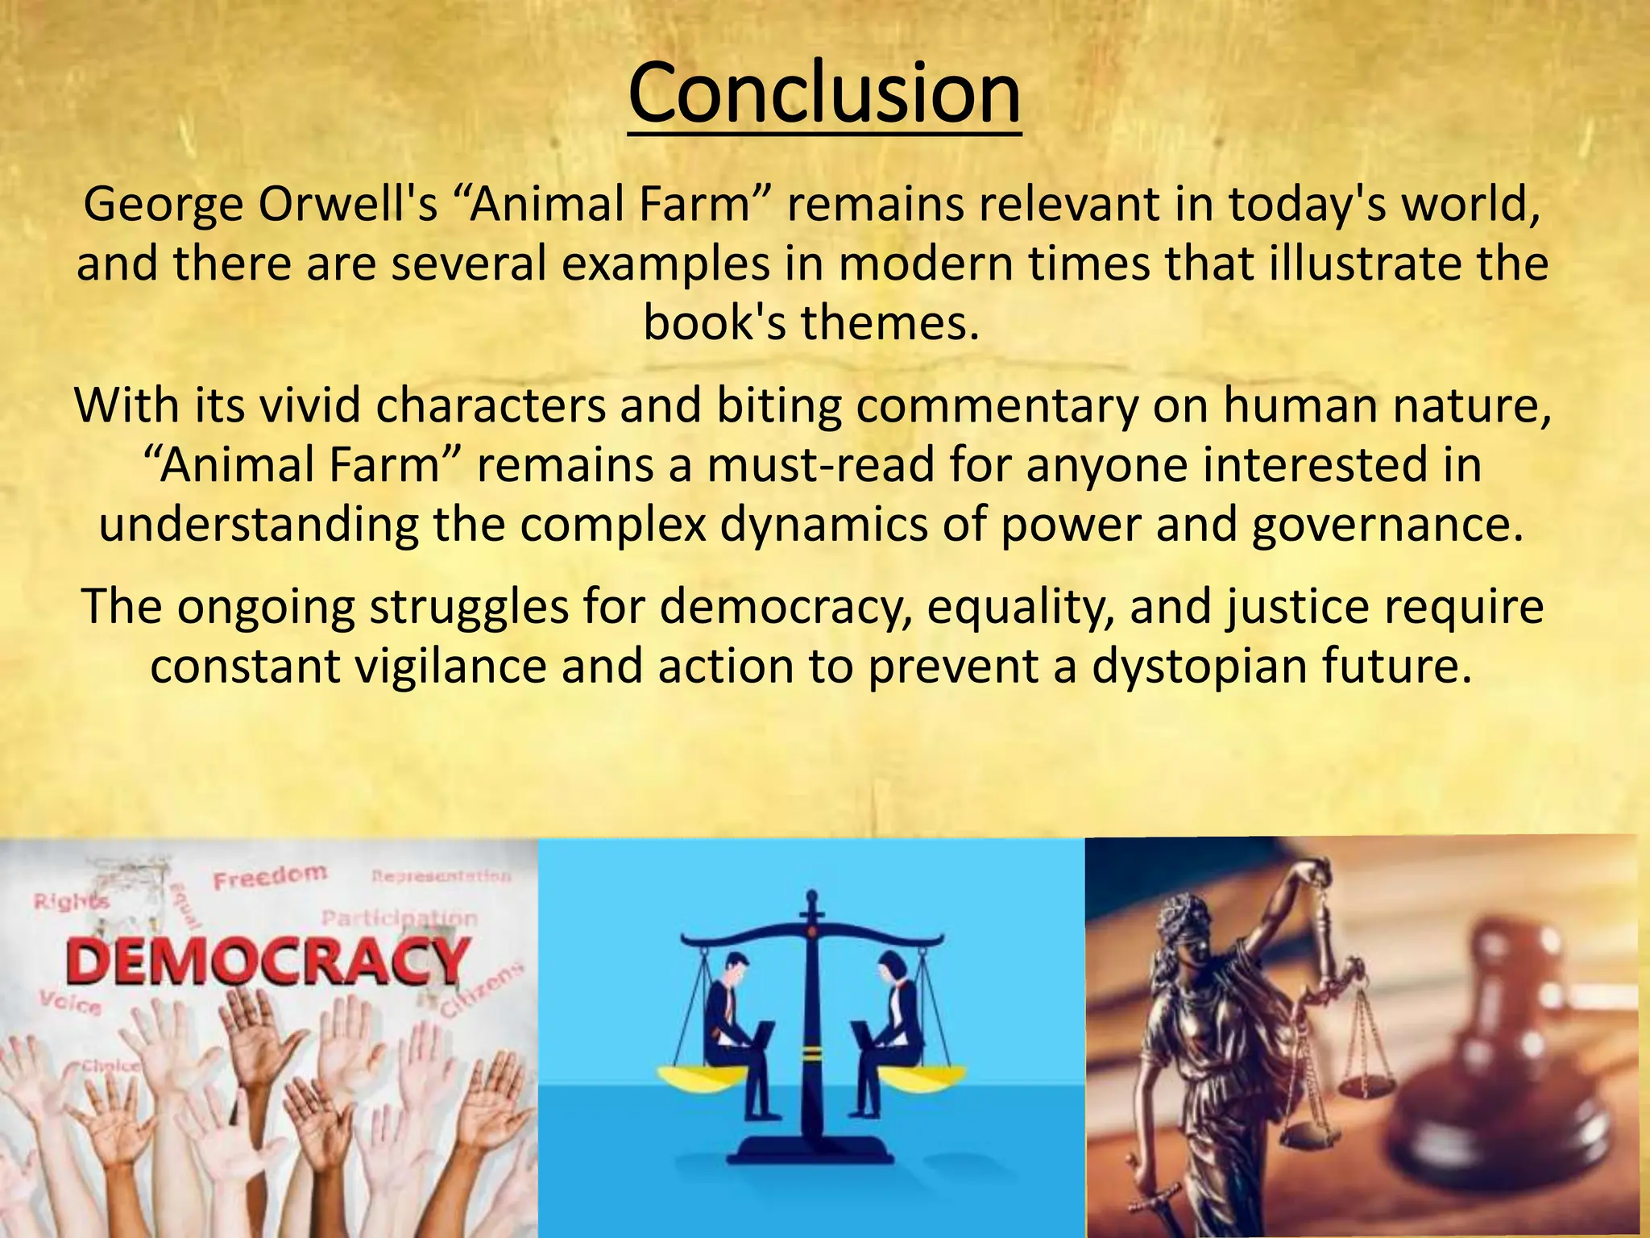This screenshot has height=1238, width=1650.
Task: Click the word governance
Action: [1388, 524]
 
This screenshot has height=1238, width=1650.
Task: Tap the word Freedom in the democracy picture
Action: [270, 876]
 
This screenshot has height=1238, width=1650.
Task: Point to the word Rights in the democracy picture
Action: [70, 902]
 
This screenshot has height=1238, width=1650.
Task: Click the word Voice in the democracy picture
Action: [72, 1004]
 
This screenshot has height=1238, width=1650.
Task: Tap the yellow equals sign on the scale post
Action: [811, 1053]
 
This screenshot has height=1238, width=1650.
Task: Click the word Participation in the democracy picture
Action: [399, 918]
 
